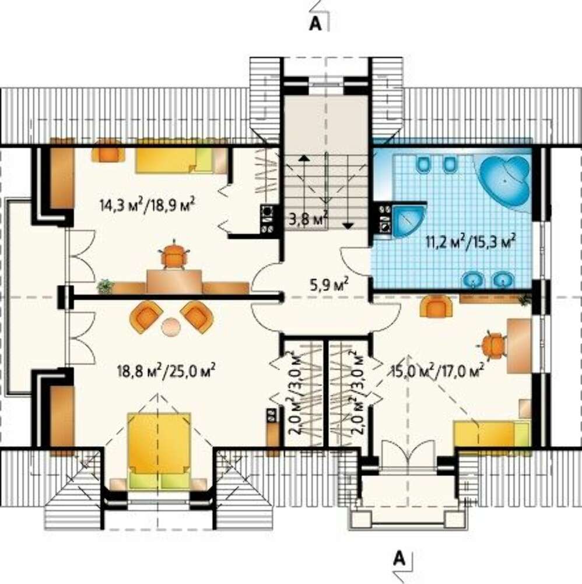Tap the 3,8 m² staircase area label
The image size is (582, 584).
(x=308, y=218)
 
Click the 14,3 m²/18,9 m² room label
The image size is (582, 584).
(x=148, y=204)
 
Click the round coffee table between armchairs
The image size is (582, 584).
(x=171, y=326)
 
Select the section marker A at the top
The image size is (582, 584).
(x=315, y=24)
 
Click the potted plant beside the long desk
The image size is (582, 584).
(x=106, y=286)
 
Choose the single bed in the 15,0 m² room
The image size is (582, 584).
(x=492, y=433)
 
